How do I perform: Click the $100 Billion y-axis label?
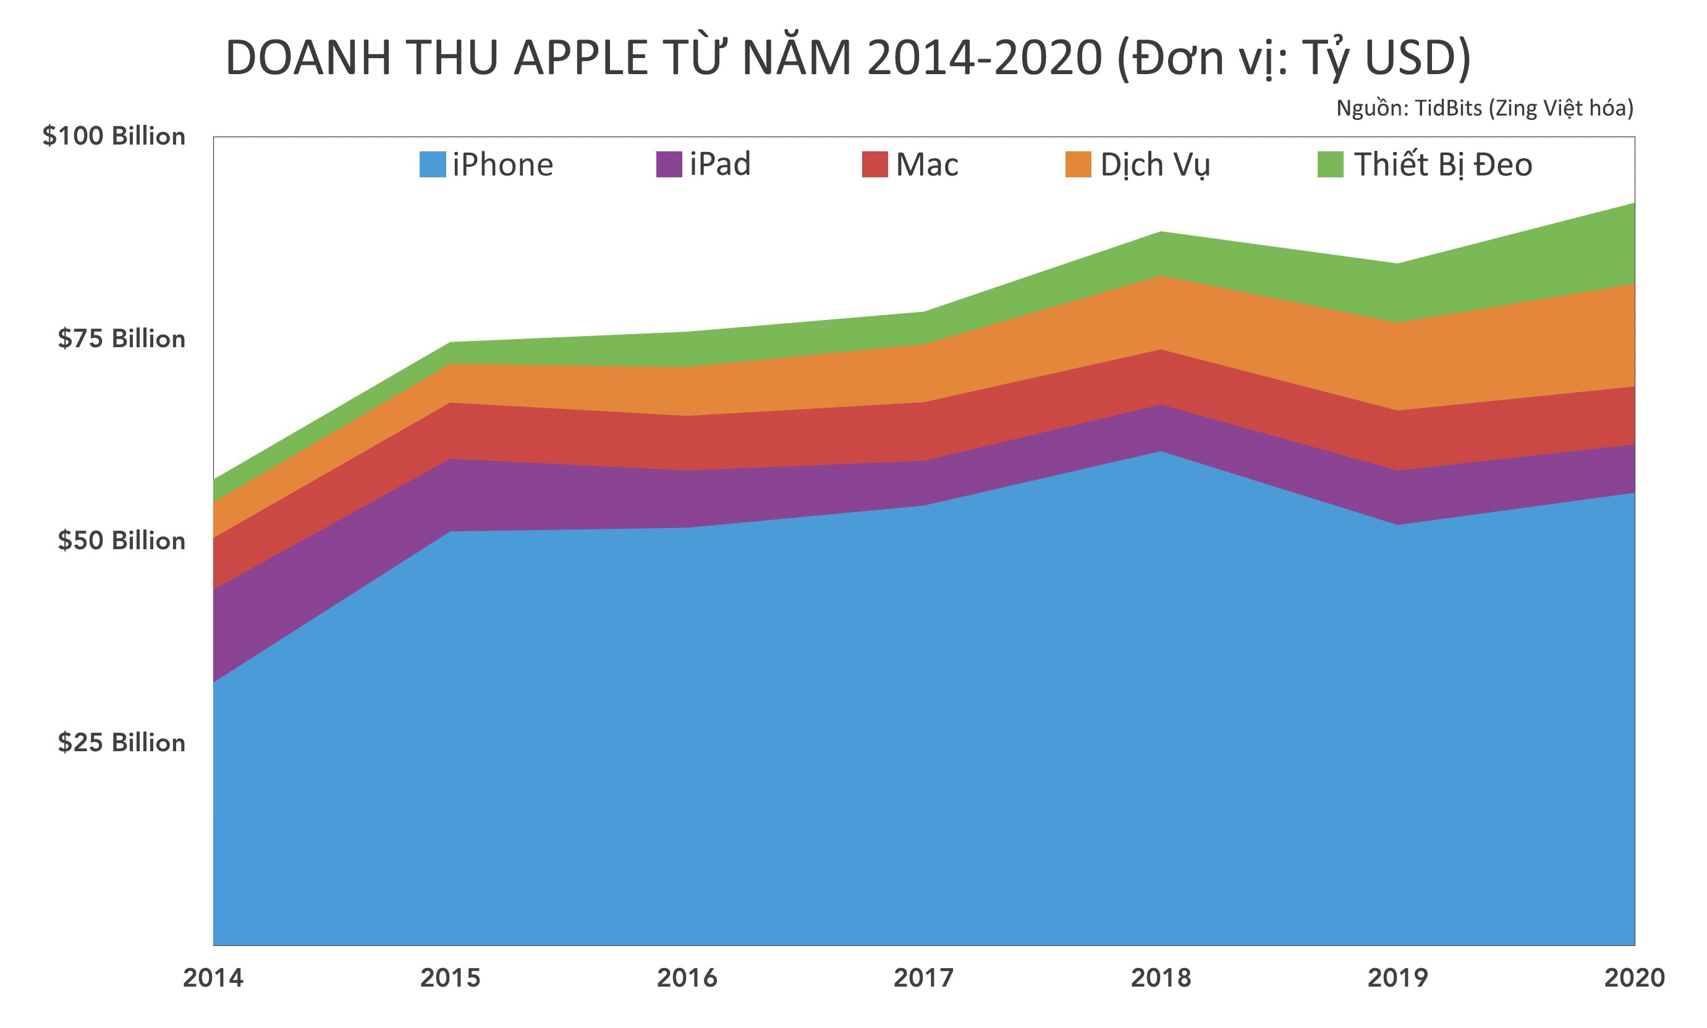(x=114, y=137)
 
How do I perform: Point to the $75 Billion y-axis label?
(x=121, y=339)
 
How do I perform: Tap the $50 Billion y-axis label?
(x=121, y=541)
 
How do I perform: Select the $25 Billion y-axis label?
(x=121, y=743)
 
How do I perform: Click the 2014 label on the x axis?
(x=213, y=978)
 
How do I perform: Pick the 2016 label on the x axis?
(x=687, y=978)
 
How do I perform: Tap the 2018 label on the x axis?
(x=1161, y=978)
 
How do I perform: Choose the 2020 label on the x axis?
(x=1633, y=978)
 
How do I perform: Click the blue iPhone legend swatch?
(x=432, y=165)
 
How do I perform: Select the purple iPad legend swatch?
(x=669, y=165)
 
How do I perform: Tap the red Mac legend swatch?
(x=875, y=165)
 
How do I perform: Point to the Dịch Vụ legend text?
(x=1155, y=165)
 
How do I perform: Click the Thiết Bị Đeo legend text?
(x=1442, y=165)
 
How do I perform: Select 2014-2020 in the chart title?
(x=984, y=58)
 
